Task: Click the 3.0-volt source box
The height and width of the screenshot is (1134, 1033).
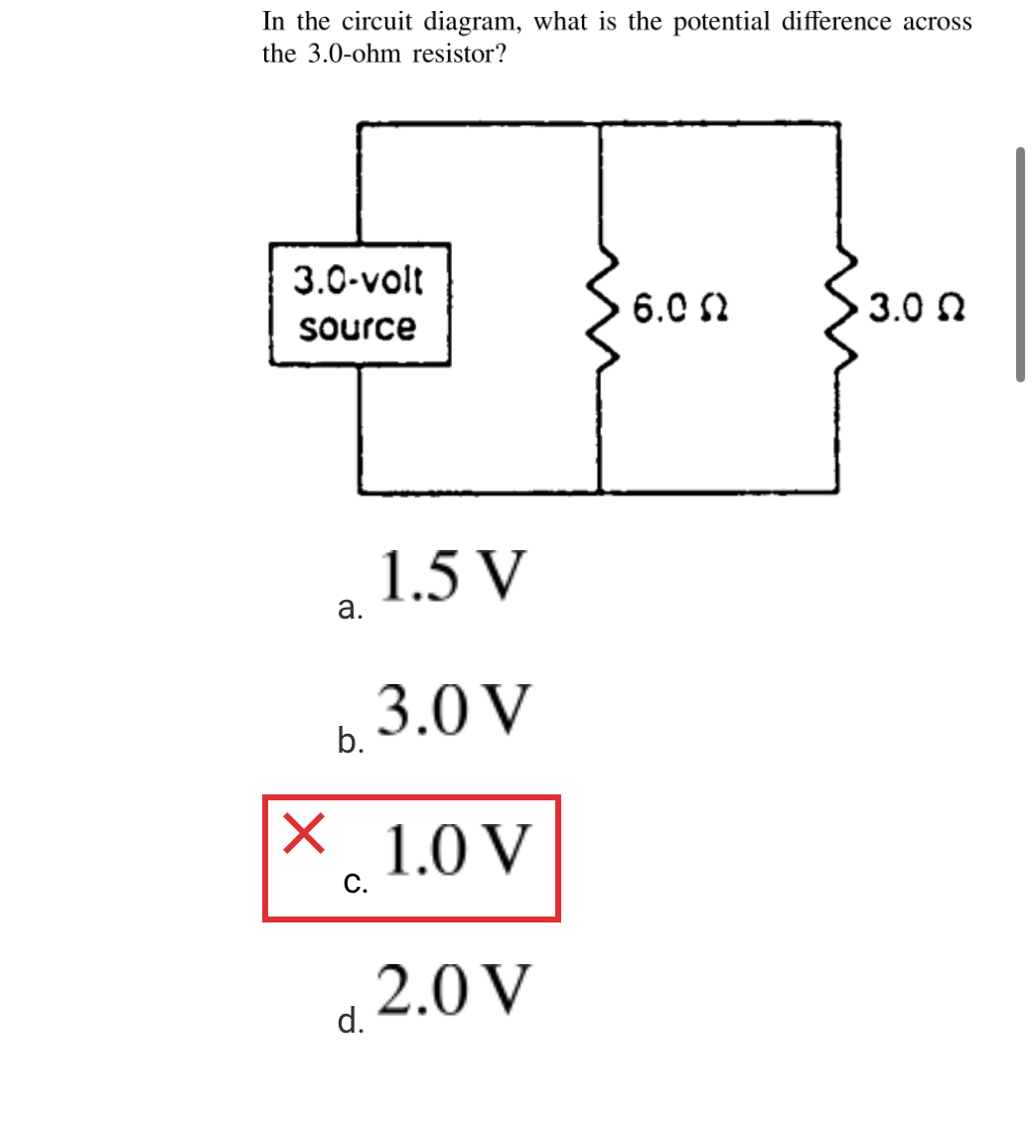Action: click(x=360, y=305)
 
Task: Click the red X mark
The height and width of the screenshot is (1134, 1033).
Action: click(x=303, y=832)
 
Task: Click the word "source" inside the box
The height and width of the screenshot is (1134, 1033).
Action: click(x=359, y=327)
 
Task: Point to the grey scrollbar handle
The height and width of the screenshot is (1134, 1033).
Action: click(x=1020, y=264)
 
